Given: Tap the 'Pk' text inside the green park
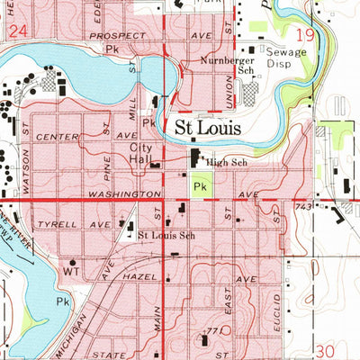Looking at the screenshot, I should [x=202, y=186].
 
